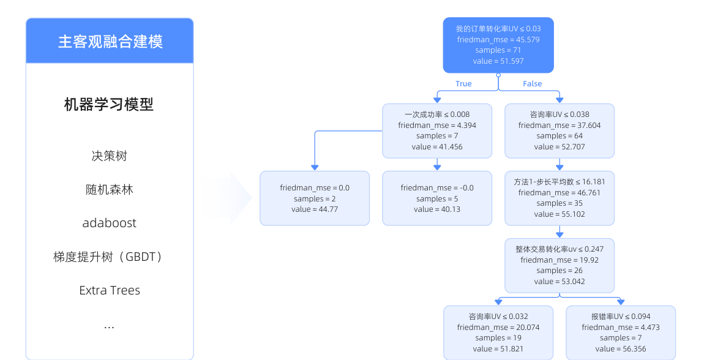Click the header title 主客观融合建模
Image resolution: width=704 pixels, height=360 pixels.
pos(110,41)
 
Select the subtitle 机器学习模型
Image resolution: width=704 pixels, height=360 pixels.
pos(109,105)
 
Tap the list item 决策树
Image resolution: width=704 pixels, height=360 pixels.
pos(109,156)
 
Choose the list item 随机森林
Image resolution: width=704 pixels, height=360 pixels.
pos(109,189)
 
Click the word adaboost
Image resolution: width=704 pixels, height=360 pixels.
pos(109,223)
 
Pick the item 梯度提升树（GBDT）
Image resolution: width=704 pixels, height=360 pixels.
pos(109,257)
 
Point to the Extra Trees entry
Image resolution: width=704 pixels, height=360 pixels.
pos(110,290)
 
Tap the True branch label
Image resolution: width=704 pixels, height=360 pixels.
pos(463,83)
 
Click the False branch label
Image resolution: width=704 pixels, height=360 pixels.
pos(532,83)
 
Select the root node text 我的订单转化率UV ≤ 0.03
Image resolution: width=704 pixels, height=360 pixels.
pos(498,29)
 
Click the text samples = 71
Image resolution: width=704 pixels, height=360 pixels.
pos(498,50)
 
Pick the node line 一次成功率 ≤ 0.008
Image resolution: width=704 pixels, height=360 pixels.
pos(437,114)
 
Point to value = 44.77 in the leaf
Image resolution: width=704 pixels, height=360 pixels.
pos(315,209)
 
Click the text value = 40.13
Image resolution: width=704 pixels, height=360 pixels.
pos(437,209)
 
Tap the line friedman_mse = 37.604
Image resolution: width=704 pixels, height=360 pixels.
pos(560,126)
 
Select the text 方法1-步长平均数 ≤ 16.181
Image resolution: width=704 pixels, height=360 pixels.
pos(560,182)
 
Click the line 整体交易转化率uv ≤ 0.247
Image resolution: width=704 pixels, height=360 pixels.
pos(560,249)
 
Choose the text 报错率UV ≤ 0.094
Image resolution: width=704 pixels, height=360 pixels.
pos(621,317)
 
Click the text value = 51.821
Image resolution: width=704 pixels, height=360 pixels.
pos(498,349)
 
